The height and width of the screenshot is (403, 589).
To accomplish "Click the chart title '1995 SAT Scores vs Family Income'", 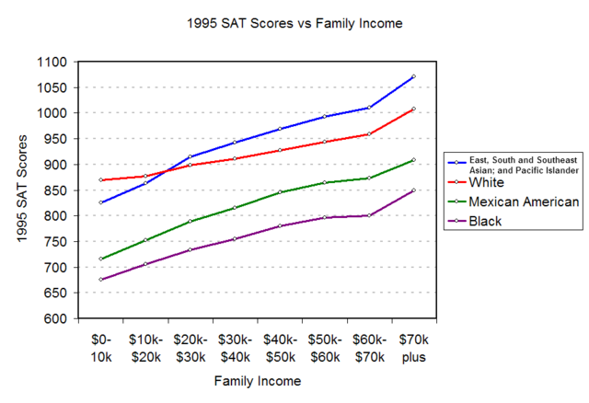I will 294,21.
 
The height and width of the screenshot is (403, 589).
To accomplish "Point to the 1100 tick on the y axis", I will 53,63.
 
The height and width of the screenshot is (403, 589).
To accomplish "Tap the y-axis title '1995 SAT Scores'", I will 22,190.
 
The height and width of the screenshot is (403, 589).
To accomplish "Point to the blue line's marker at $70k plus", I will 414,76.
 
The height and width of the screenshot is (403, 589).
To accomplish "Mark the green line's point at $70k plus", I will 414,160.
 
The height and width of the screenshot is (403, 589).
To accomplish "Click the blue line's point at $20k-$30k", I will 190,157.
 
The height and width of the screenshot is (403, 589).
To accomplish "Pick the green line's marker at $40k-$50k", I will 279,192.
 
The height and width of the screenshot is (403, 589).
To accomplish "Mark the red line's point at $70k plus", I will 414,109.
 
